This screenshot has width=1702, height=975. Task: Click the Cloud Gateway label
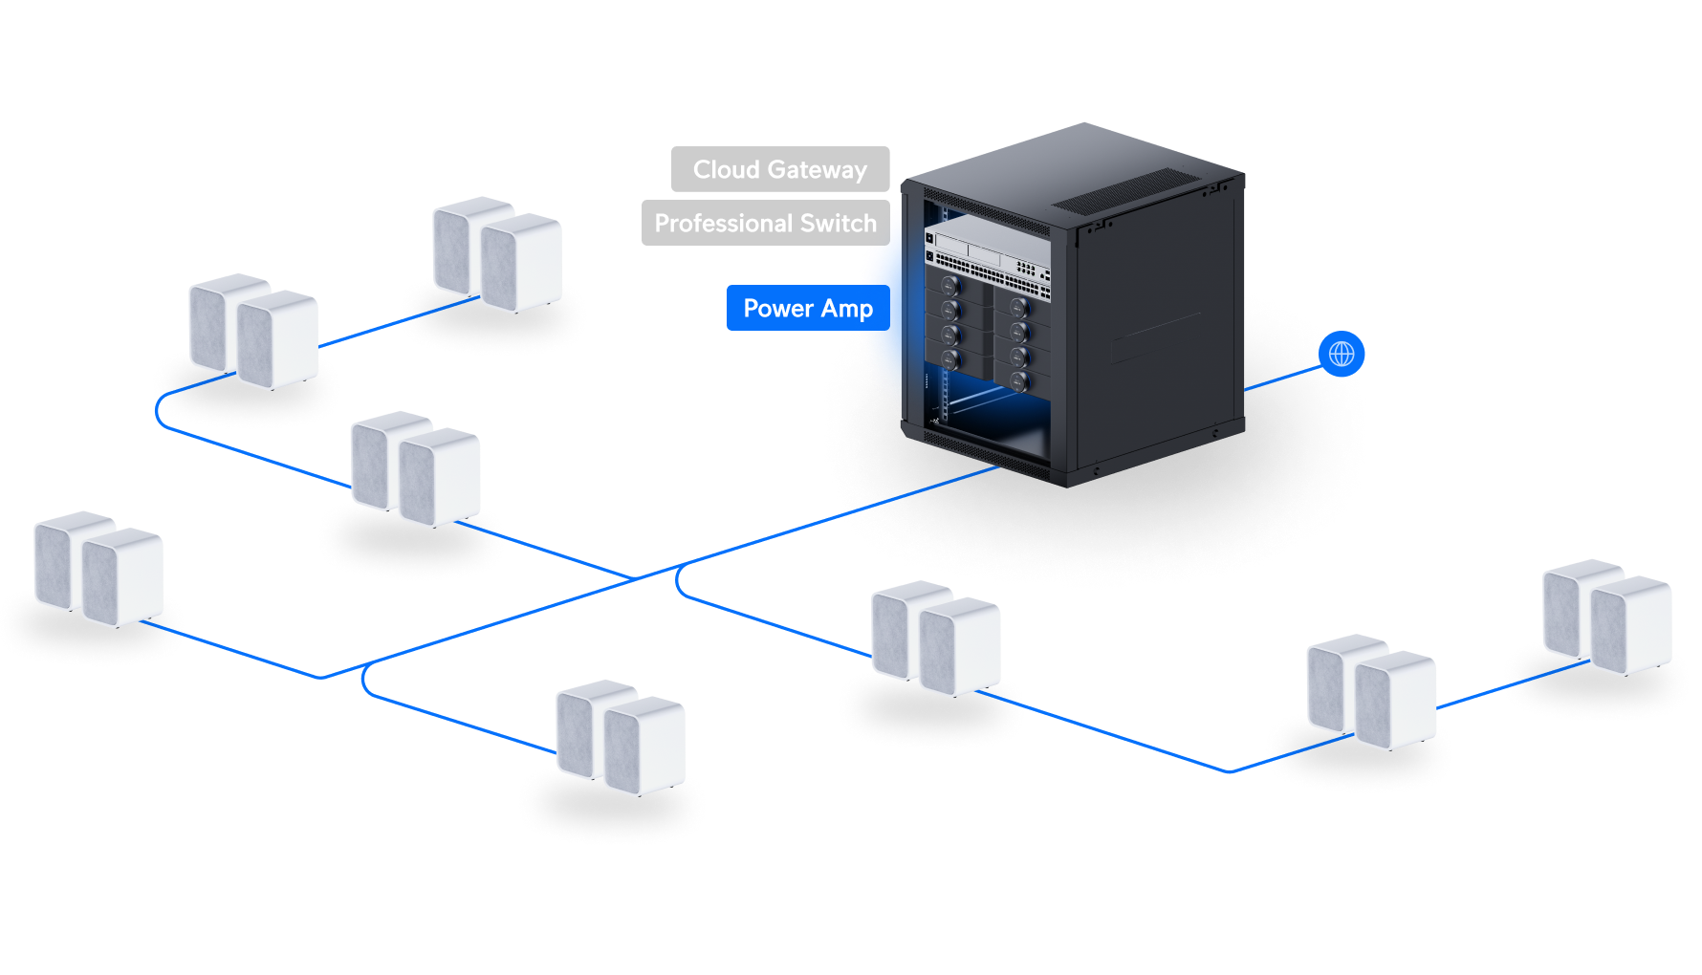tap(779, 169)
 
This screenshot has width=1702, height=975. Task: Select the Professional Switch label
tap(765, 223)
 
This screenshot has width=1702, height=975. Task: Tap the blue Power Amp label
tap(807, 308)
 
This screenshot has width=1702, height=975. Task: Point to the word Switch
tap(838, 223)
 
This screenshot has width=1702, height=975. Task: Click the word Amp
tap(846, 309)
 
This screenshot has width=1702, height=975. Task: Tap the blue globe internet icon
tap(1342, 354)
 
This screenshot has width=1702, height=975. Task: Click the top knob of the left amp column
tap(949, 286)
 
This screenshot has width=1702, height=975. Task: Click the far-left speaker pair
tap(98, 569)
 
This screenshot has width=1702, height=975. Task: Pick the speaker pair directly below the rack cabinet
tap(935, 638)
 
